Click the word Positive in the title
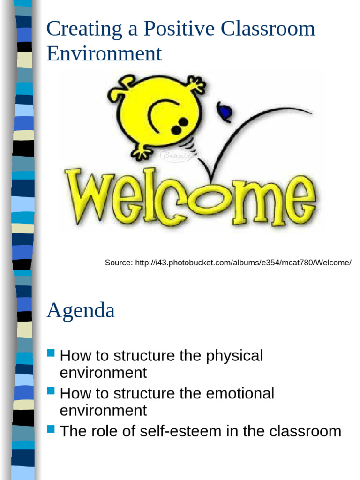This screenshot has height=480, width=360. pyautogui.click(x=172, y=29)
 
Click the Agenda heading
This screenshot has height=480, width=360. pyautogui.click(x=81, y=310)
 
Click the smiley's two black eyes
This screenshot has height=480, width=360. pyautogui.click(x=180, y=126)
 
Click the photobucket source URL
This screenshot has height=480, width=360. pyautogui.click(x=243, y=262)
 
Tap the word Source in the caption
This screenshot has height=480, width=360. pyautogui.click(x=118, y=262)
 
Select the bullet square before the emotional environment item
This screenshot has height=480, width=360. pyautogui.click(x=52, y=390)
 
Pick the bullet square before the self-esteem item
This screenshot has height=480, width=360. pyautogui.click(x=52, y=428)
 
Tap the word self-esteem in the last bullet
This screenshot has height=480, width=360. pyautogui.click(x=174, y=431)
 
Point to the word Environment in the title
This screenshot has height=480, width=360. pyautogui.click(x=104, y=53)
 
